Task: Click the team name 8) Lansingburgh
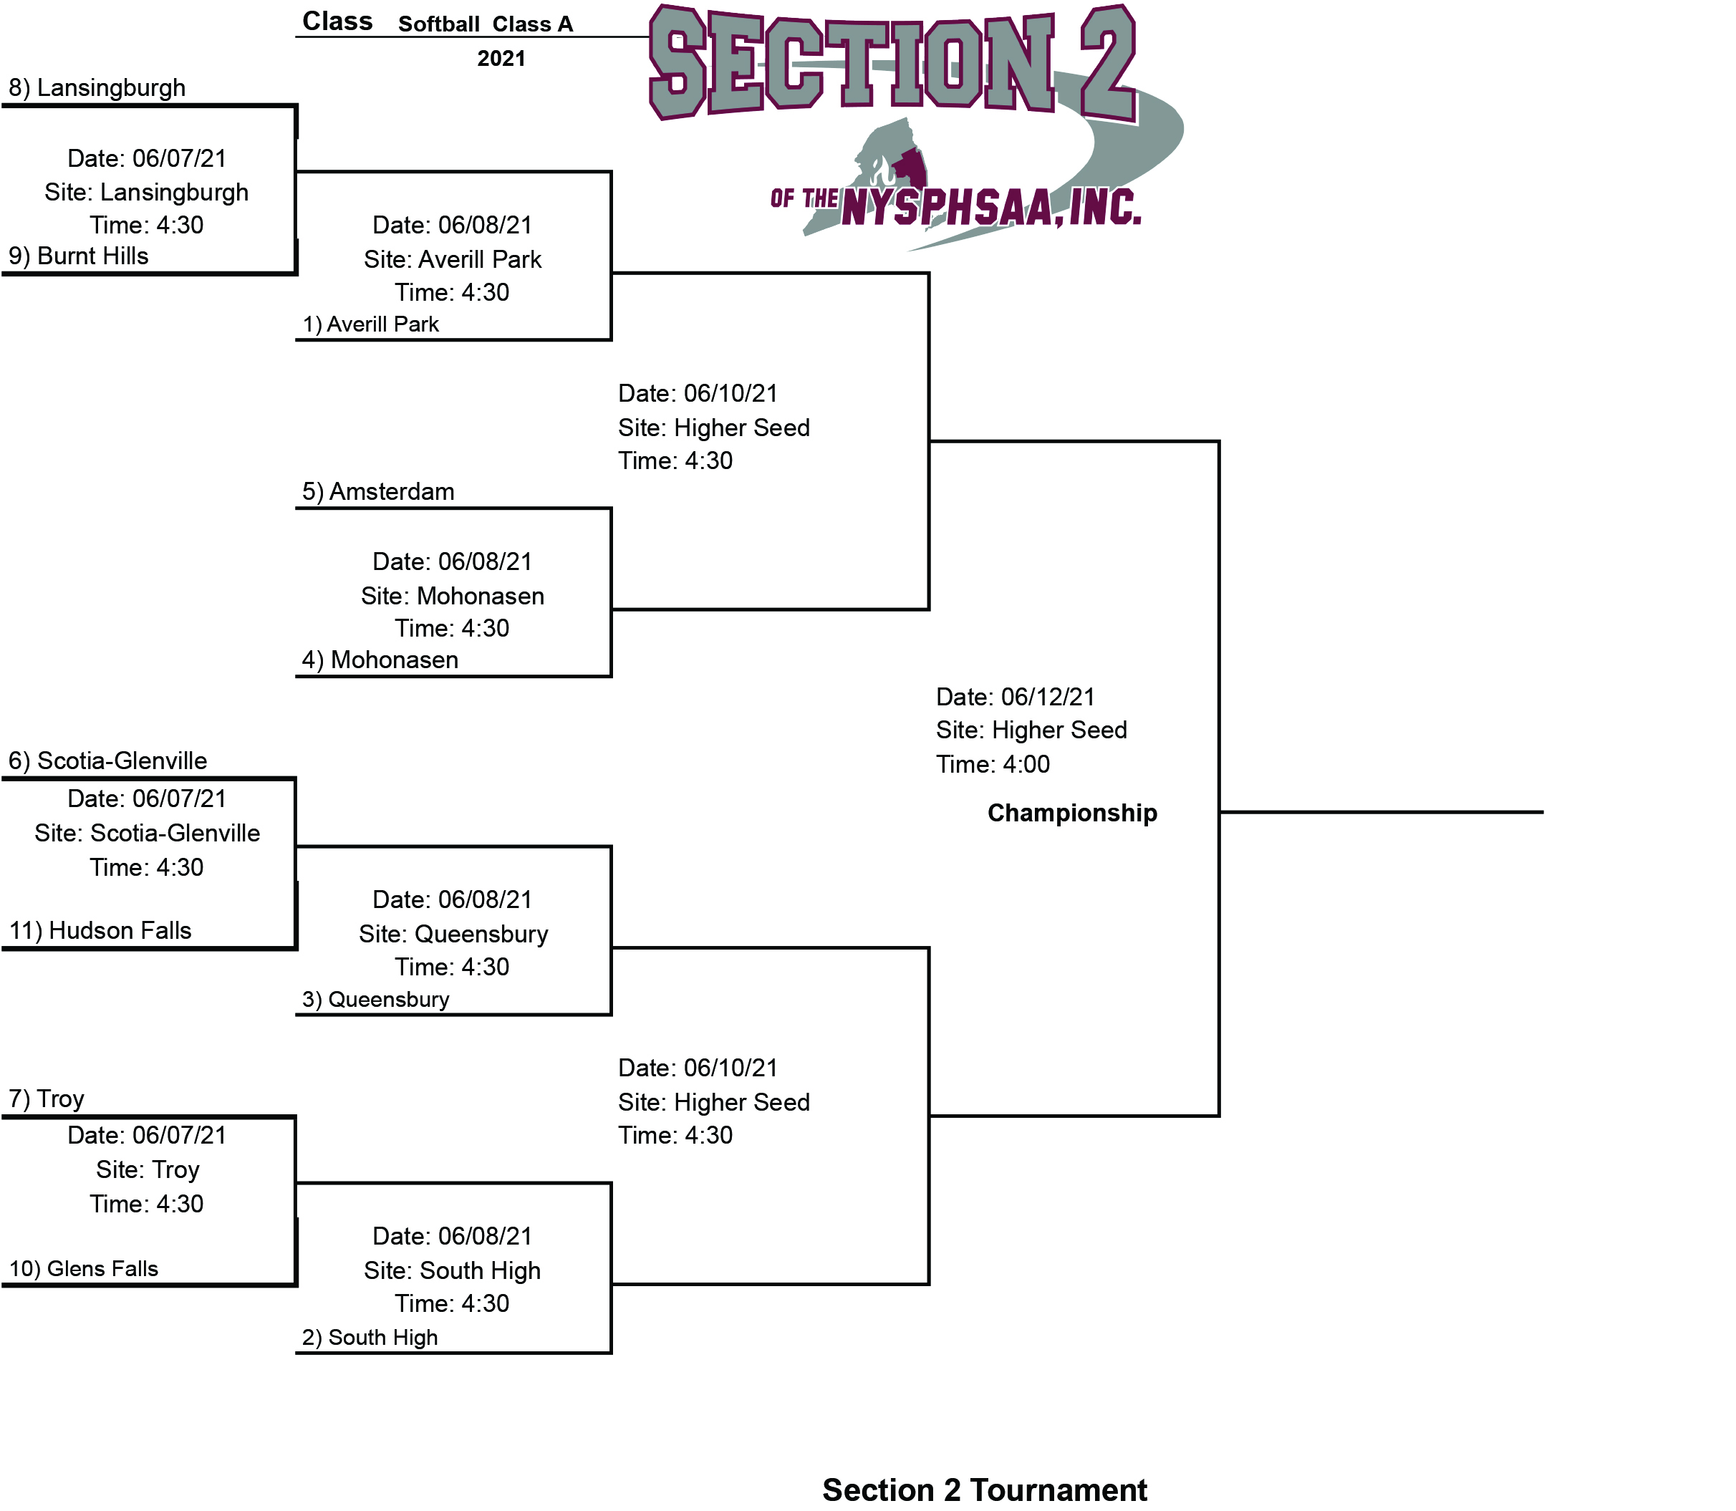coord(97,87)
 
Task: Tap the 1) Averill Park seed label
coord(371,324)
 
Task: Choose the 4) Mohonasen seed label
coord(380,660)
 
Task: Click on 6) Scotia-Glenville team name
coord(108,761)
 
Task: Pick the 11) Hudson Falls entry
coord(100,930)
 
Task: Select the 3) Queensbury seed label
coord(375,999)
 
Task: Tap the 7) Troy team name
coord(47,1099)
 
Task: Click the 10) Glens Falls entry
coord(84,1268)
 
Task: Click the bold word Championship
coord(1071,813)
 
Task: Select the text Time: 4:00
coord(993,765)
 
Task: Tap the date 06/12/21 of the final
coord(1047,697)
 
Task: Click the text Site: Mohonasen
coord(452,596)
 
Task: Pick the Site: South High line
coord(452,1270)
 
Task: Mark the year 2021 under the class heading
coord(501,58)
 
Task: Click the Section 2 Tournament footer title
coord(984,1490)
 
